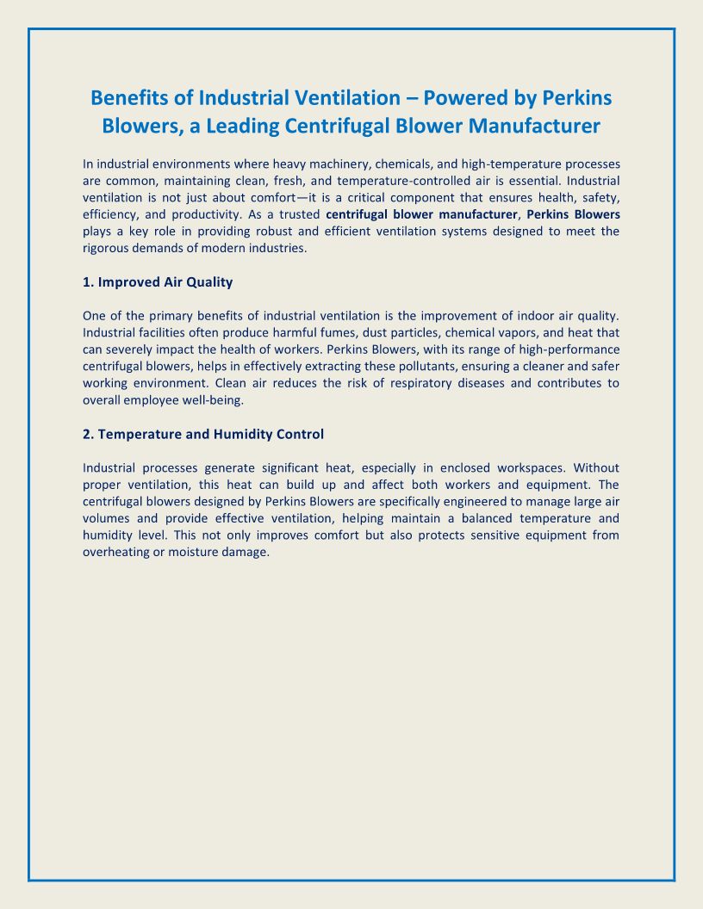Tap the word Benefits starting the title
tap(134, 97)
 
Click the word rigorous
tap(107, 248)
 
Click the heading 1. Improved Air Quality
tap(158, 281)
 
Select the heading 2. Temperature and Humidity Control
tap(203, 434)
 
